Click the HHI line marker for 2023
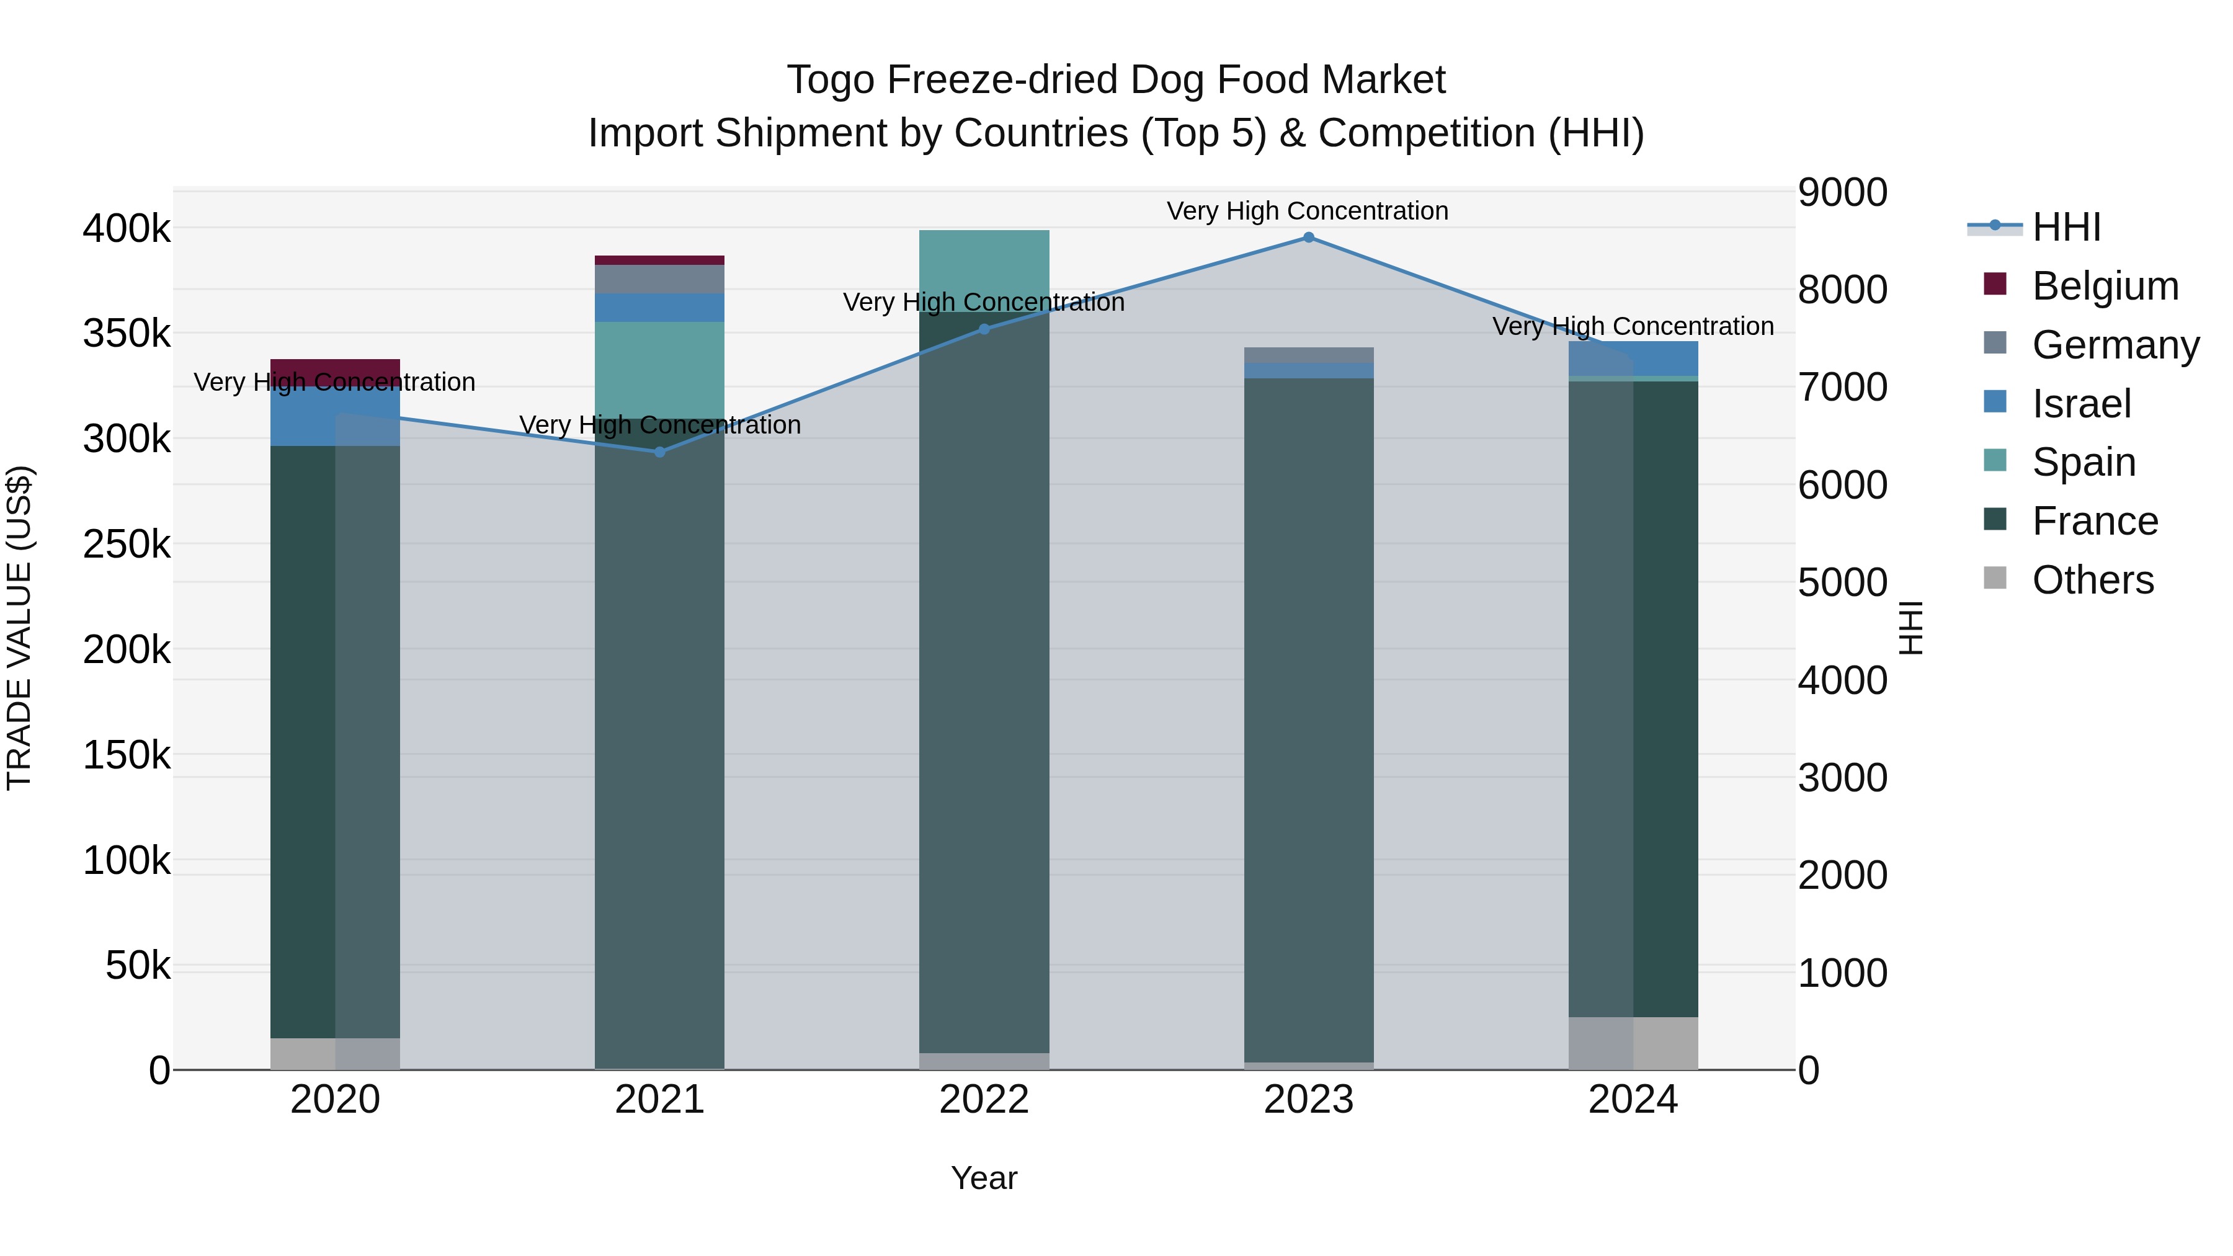pyautogui.click(x=1309, y=238)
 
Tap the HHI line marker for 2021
pyautogui.click(x=660, y=452)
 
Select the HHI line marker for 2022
pyautogui.click(x=984, y=329)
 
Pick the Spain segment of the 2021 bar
pyautogui.click(x=660, y=370)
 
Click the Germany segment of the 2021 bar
pyautogui.click(x=660, y=279)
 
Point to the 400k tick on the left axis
pyautogui.click(x=127, y=229)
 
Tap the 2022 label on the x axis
pyautogui.click(x=984, y=1100)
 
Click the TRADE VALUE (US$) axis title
pyautogui.click(x=19, y=628)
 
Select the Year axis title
pyautogui.click(x=984, y=1178)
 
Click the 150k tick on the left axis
pyautogui.click(x=127, y=755)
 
